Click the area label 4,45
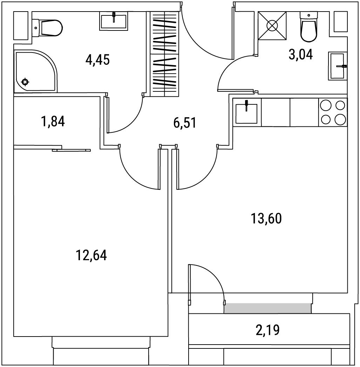[x=98, y=60]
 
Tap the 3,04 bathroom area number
[x=301, y=55]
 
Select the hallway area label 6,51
[x=185, y=123]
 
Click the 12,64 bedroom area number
[x=91, y=255]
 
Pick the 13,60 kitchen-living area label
[x=266, y=219]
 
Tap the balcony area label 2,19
[x=268, y=330]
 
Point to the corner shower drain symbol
[x=25, y=82]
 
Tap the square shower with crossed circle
[x=272, y=26]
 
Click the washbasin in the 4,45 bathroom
[x=114, y=21]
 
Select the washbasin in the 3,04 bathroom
[x=338, y=66]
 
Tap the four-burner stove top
[x=333, y=112]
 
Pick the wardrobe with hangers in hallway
[x=164, y=54]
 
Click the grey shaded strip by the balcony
[x=267, y=308]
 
